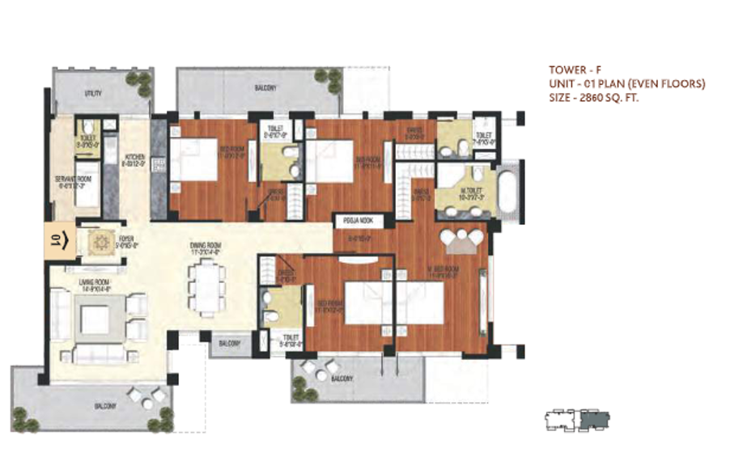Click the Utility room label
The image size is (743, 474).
[93, 95]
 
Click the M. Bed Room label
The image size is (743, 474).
[444, 270]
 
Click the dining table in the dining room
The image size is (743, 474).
[207, 290]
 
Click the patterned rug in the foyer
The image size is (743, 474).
[103, 240]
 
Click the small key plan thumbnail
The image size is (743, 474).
[576, 419]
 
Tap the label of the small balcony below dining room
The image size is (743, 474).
[229, 343]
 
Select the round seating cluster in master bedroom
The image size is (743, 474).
[461, 241]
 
